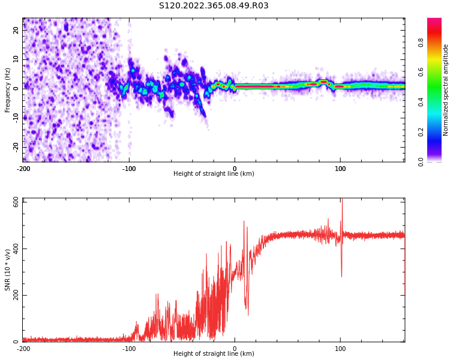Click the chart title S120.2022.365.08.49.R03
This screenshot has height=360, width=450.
[x=214, y=6]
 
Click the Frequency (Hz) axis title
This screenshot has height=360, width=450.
[x=8, y=90]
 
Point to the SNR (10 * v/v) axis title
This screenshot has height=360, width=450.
[x=8, y=270]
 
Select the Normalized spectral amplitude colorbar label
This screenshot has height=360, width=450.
[x=446, y=90]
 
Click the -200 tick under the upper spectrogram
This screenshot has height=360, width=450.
[x=23, y=169]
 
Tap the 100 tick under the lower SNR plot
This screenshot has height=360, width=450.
[x=341, y=349]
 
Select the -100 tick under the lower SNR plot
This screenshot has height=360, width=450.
[x=129, y=349]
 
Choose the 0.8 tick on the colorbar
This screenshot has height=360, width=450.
[x=421, y=42]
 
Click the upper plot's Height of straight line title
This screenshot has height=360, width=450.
[x=214, y=174]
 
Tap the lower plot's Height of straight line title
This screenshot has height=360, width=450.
[x=214, y=354]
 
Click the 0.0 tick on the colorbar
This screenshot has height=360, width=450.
[x=421, y=161]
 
